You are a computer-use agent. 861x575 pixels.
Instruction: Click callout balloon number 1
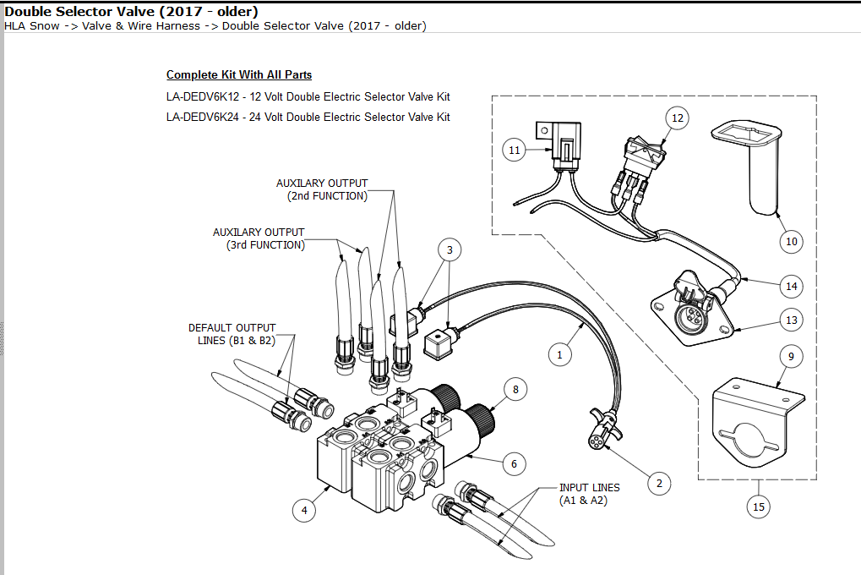pyautogui.click(x=559, y=354)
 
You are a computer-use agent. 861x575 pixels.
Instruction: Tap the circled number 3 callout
pyautogui.click(x=450, y=249)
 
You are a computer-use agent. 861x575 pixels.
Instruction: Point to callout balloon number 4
pyautogui.click(x=303, y=509)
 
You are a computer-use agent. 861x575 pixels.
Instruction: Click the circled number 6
pyautogui.click(x=513, y=463)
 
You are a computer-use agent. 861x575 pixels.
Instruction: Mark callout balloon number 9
pyautogui.click(x=791, y=357)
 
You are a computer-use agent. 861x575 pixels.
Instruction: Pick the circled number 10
pyautogui.click(x=791, y=241)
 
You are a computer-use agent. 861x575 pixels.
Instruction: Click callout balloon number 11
pyautogui.click(x=515, y=150)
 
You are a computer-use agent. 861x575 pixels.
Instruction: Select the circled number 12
pyautogui.click(x=677, y=118)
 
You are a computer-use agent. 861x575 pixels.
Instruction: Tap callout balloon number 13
pyautogui.click(x=791, y=320)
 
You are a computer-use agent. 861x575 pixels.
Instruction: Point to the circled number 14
pyautogui.click(x=791, y=286)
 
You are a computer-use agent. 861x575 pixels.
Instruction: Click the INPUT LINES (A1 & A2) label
pyautogui.click(x=589, y=494)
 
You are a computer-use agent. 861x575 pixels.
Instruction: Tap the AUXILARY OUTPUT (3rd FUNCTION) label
pyautogui.click(x=259, y=238)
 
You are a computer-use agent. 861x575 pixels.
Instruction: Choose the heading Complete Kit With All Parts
pyautogui.click(x=239, y=75)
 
